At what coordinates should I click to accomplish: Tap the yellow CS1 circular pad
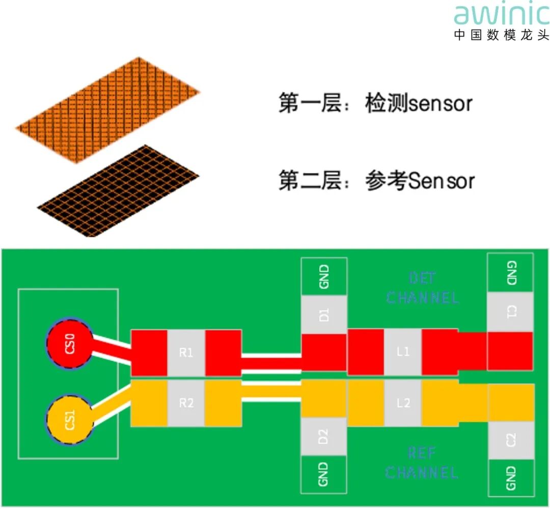click(70, 421)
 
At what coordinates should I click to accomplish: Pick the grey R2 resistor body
click(186, 403)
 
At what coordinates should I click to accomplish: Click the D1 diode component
click(324, 314)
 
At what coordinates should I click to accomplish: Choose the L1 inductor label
click(403, 351)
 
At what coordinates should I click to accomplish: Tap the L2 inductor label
click(403, 403)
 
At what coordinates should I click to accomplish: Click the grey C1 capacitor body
click(510, 312)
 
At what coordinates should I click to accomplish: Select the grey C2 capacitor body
click(510, 440)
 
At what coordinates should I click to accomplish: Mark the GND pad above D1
click(324, 276)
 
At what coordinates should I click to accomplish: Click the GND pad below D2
click(324, 474)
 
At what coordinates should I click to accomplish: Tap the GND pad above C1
click(510, 273)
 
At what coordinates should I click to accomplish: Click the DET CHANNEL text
click(422, 288)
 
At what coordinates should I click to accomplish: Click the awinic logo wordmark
click(501, 15)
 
